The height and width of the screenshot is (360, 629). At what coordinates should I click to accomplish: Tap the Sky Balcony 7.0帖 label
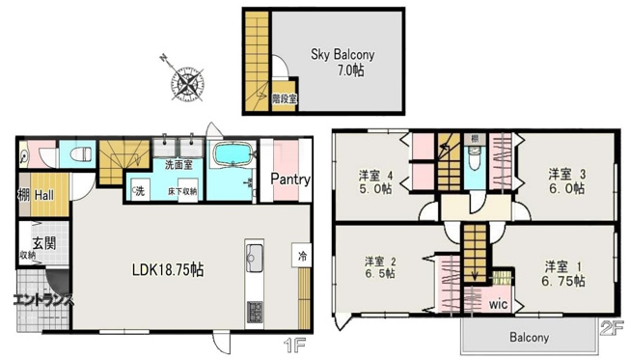click(x=342, y=63)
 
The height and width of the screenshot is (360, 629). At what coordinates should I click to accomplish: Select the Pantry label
click(x=288, y=180)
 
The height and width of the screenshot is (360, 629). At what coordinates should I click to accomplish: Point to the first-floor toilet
click(x=78, y=155)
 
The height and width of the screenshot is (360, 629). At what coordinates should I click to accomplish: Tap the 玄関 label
click(x=42, y=242)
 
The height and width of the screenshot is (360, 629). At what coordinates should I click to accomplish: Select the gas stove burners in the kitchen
click(x=256, y=313)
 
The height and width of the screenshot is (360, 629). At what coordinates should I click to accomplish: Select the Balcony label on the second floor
click(x=525, y=338)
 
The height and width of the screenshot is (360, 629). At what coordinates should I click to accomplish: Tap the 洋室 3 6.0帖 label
click(x=567, y=181)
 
